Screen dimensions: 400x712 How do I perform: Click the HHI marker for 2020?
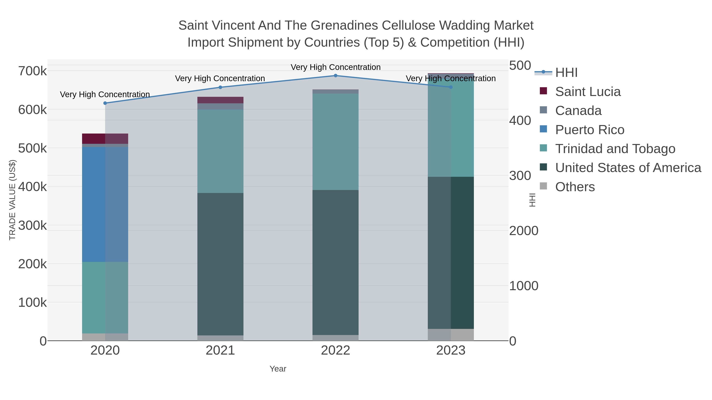point(105,103)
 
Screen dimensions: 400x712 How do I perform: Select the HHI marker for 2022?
point(336,76)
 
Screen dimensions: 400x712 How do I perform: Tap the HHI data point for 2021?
point(220,88)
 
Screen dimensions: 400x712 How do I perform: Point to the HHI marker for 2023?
point(451,87)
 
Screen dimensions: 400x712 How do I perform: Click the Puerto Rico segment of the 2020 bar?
point(105,204)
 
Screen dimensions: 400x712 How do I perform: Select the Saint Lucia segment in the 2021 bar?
point(220,100)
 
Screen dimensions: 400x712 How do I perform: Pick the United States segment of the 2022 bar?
point(336,262)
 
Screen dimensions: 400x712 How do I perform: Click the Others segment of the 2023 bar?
point(451,335)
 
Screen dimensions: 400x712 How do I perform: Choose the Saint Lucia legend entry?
point(588,92)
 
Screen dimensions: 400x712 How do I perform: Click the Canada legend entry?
point(578,111)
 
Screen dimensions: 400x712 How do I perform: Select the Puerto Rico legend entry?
point(590,130)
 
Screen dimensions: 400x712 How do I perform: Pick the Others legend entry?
point(575,187)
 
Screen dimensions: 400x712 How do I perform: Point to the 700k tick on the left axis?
point(32,71)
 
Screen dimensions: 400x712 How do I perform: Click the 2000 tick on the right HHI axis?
point(524,231)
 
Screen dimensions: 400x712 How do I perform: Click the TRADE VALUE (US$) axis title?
point(12,200)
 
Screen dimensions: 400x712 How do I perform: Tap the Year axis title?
point(278,369)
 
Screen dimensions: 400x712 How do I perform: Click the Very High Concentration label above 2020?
point(105,94)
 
